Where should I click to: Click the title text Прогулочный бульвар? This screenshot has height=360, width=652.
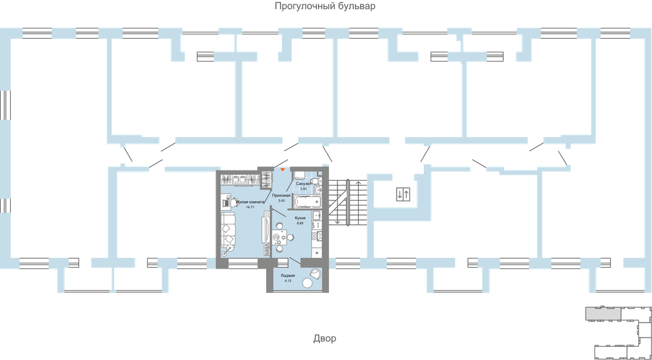pos(325,7)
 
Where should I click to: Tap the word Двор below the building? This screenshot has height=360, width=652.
pos(325,339)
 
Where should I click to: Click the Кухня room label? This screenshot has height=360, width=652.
pos(300,218)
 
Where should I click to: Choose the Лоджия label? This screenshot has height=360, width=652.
pos(288,275)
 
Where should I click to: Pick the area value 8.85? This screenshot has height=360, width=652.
pos(300,223)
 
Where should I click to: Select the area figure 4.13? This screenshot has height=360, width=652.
pos(288,281)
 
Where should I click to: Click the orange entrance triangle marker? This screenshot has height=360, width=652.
pos(283,170)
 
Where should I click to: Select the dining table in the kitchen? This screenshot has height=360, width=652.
pos(279,237)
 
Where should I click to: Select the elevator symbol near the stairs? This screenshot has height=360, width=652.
pos(403,194)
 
